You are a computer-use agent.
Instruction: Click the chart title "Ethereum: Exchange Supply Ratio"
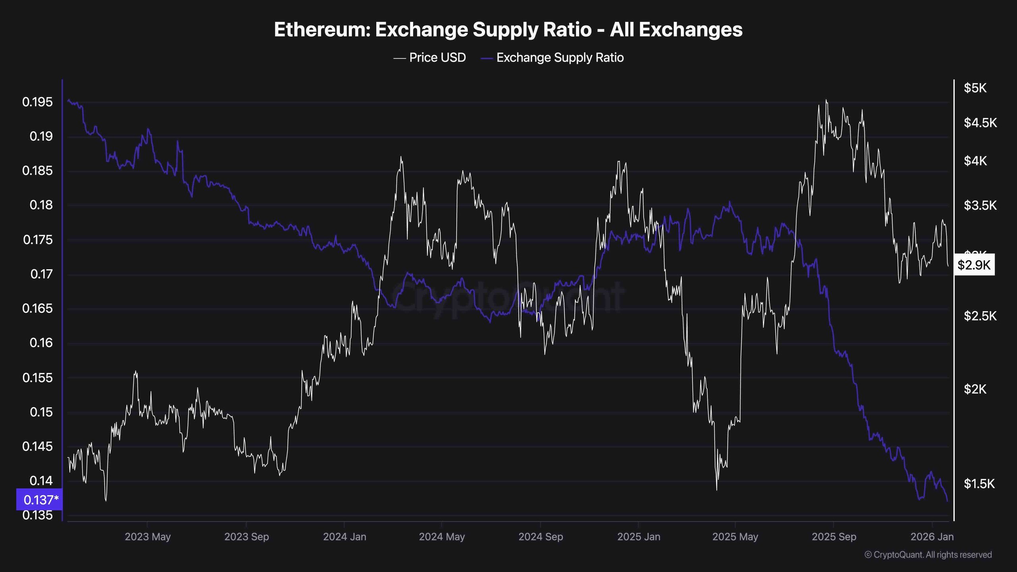point(508,30)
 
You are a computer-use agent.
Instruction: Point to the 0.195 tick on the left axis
point(37,102)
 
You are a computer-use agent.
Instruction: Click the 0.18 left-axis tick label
point(41,205)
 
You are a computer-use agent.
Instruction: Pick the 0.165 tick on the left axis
point(37,308)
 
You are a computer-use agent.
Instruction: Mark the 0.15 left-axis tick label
point(41,412)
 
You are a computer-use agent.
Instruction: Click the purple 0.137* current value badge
point(39,499)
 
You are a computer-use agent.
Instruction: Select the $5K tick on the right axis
point(975,88)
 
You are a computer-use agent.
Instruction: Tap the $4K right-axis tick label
point(975,161)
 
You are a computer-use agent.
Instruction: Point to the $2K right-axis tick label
point(975,389)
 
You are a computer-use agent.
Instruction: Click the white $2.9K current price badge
point(974,265)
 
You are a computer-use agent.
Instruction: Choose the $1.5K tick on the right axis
point(979,483)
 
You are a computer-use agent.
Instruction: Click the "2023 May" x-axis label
point(147,537)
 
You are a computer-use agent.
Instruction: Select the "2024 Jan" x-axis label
point(344,537)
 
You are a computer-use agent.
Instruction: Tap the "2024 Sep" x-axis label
point(540,537)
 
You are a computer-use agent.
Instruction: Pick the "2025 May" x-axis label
point(735,537)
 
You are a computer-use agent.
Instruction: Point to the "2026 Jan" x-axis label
point(932,537)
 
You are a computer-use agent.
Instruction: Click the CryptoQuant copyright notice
point(928,555)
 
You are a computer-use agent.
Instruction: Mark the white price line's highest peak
point(826,100)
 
